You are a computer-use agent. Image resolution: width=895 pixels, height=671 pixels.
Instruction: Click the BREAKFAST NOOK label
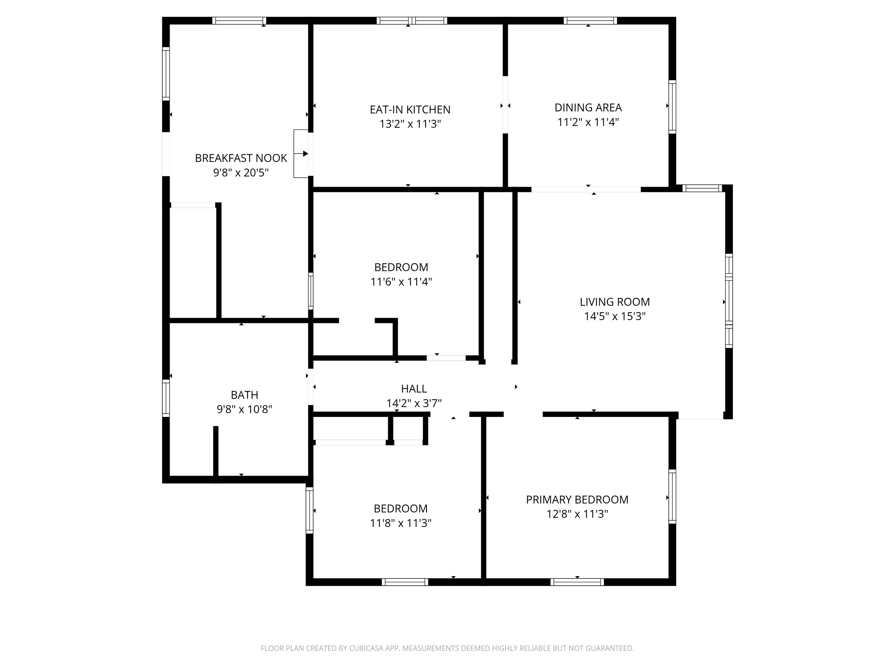pos(241,158)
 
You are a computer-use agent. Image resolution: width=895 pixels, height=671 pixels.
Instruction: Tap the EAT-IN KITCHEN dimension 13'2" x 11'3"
pos(410,124)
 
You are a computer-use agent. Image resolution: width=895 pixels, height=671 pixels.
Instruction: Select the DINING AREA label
pos(588,108)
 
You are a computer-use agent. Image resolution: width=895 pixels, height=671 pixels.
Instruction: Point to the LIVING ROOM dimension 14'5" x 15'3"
pos(615,316)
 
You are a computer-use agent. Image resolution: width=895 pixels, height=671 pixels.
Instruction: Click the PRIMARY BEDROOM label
pos(577,500)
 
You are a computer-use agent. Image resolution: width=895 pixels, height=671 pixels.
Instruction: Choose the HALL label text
pos(413,389)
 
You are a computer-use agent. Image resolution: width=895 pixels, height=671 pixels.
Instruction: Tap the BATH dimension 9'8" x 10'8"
pos(244,409)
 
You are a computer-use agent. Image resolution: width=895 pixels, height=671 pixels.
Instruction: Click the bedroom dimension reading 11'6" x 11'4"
pos(401,282)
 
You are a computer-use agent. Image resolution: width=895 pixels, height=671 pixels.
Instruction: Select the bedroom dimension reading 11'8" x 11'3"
pos(401,523)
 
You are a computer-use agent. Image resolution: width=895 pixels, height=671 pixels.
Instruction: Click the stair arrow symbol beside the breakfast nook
pos(301,154)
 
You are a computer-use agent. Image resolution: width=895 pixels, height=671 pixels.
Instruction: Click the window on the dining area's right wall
pos(672,107)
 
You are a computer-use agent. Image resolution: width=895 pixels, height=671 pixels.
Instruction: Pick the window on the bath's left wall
pos(166,398)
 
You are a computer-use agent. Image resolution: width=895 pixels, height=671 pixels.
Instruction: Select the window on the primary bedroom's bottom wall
pos(577,582)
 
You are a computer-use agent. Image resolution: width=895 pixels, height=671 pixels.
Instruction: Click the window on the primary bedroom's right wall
pos(672,497)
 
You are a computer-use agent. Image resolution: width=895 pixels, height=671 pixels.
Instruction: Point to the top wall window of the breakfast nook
pos(239,21)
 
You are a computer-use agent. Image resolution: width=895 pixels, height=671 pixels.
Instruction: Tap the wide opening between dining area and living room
pos(586,189)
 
